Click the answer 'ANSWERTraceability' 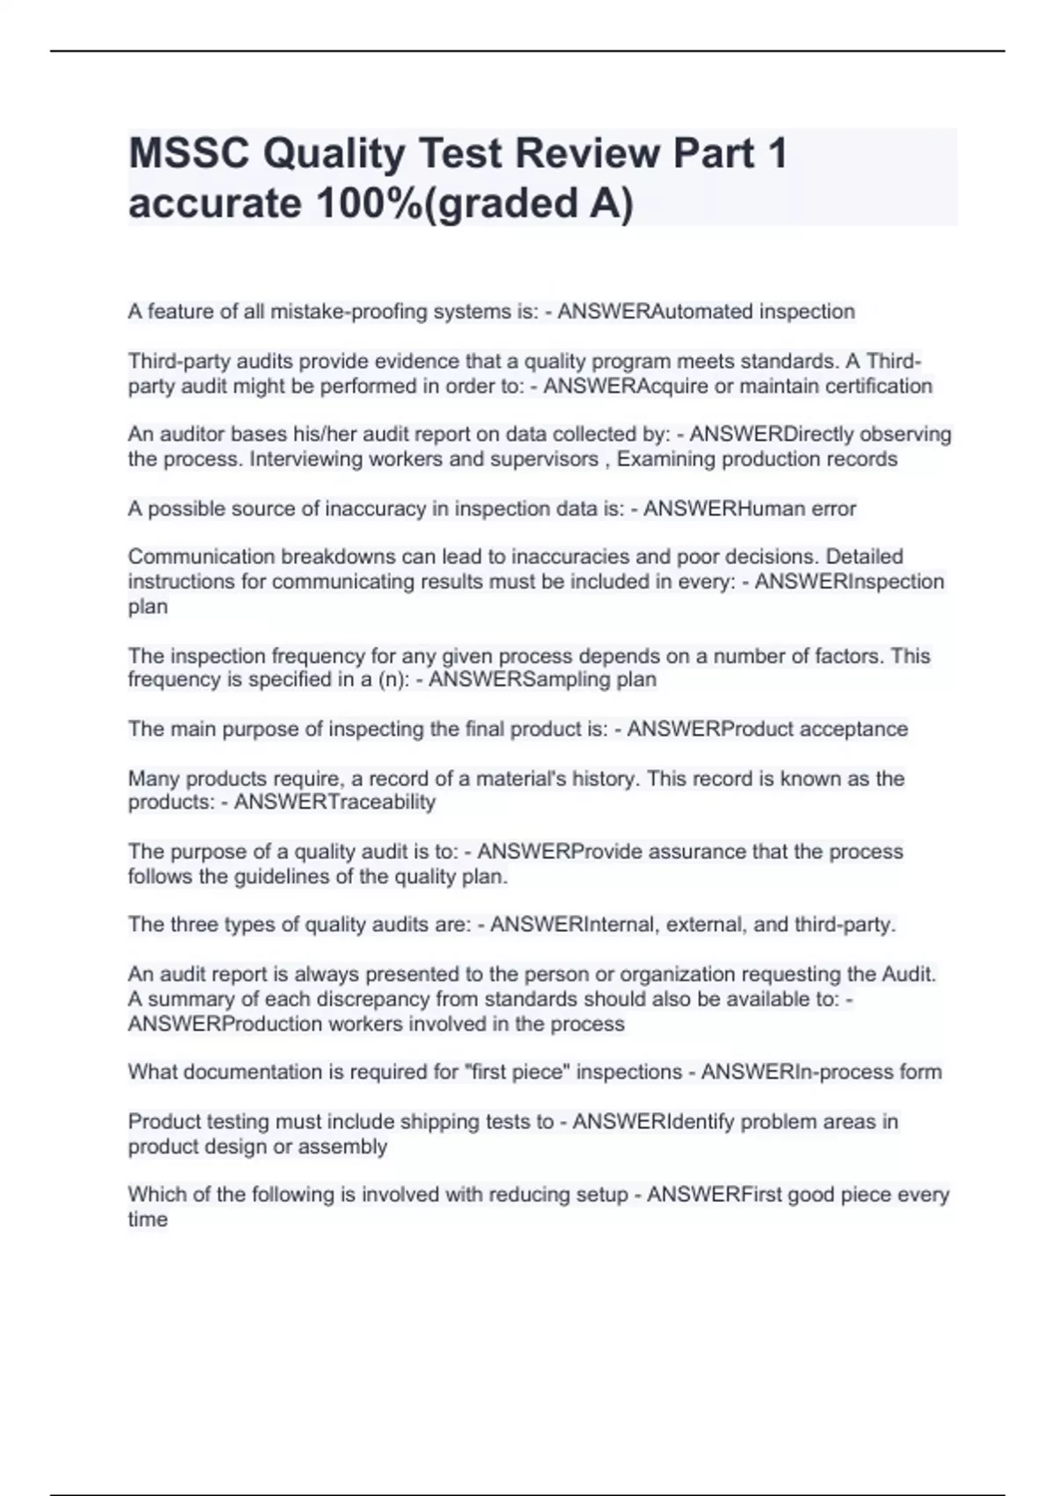pyautogui.click(x=334, y=803)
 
